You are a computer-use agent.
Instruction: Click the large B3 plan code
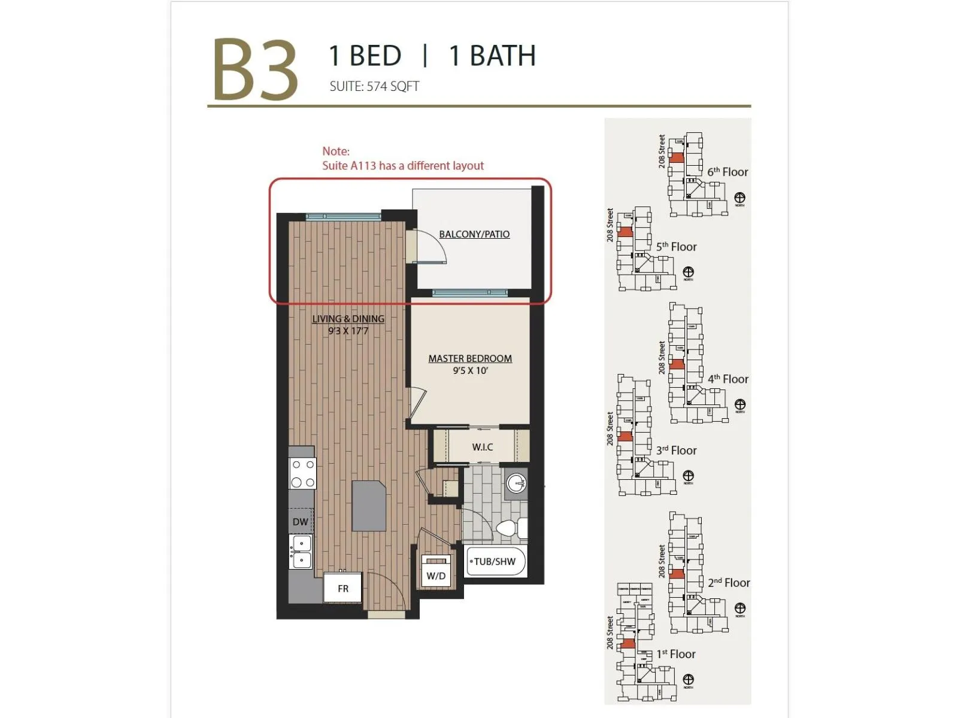[255, 70]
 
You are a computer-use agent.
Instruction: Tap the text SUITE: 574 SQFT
[374, 86]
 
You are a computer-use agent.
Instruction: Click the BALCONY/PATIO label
[474, 234]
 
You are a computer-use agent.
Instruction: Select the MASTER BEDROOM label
[470, 358]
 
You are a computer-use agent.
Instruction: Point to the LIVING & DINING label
[348, 319]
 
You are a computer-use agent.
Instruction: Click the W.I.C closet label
[482, 447]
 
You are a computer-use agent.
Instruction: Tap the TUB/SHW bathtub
[495, 561]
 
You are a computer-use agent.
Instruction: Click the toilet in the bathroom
[509, 529]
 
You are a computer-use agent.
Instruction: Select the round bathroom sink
[516, 482]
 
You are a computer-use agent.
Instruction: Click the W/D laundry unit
[436, 571]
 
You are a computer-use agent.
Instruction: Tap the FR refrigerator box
[343, 588]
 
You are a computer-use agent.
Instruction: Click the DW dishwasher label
[301, 522]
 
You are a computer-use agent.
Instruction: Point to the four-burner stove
[302, 473]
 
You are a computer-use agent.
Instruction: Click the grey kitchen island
[369, 506]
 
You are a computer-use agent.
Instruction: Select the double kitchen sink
[301, 552]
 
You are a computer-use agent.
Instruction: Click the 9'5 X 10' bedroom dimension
[470, 371]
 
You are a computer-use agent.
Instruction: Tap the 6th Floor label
[727, 172]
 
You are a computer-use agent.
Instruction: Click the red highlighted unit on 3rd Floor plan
[625, 437]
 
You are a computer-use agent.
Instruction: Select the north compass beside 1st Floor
[689, 679]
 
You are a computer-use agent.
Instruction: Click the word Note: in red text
[336, 151]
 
